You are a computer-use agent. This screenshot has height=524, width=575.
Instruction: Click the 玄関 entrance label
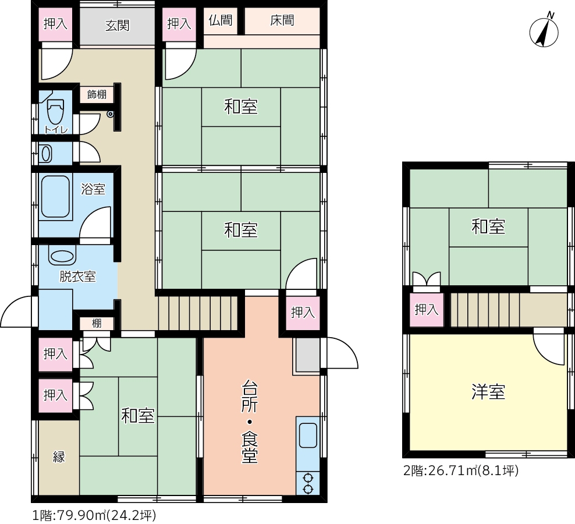[118, 25]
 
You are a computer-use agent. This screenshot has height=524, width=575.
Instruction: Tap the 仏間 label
[221, 20]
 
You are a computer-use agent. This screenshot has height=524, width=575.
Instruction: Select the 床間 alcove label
[282, 20]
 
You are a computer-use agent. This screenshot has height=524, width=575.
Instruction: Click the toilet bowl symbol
[55, 112]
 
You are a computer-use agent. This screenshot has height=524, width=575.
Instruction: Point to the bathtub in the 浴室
[55, 197]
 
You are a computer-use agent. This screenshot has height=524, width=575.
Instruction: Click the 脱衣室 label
[78, 277]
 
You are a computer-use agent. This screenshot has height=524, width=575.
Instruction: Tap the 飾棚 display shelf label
[97, 94]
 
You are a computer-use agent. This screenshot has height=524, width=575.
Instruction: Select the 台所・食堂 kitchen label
[249, 422]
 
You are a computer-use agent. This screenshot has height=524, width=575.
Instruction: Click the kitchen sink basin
[308, 435]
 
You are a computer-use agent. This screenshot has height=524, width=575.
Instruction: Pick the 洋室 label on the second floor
[488, 392]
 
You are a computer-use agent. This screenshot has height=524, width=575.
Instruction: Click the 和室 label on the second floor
[488, 226]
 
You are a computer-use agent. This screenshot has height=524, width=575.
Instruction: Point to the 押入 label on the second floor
[427, 310]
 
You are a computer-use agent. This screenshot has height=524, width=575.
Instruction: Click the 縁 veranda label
[59, 457]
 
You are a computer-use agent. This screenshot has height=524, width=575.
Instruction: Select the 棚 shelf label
[97, 323]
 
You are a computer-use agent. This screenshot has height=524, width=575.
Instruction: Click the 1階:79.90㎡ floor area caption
[94, 516]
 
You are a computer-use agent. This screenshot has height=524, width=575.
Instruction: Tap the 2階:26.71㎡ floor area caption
[461, 470]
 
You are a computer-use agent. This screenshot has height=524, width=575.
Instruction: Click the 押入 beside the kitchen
[303, 313]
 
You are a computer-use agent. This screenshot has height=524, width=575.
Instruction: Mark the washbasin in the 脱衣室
[62, 257]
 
